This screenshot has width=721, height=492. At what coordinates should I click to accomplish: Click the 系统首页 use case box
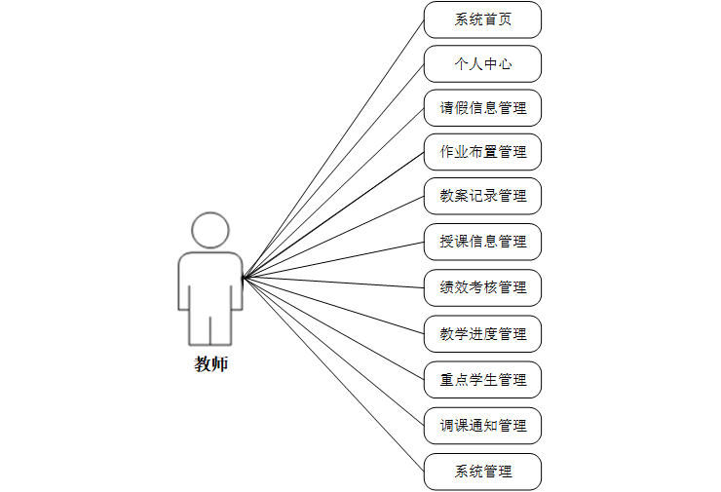coord(482,19)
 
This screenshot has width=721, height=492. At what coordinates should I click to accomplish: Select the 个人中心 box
coord(482,64)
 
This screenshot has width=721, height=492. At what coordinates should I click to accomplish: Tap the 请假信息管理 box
coord(482,108)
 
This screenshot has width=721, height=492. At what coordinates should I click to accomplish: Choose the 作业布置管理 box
coord(482,152)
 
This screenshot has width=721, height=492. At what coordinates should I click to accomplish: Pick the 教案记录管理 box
coord(482,196)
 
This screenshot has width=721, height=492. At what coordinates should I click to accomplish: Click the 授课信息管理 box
coord(482,242)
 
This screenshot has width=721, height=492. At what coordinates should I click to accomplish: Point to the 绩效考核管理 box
coord(482,287)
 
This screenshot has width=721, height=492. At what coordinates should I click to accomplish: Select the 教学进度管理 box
coord(482,334)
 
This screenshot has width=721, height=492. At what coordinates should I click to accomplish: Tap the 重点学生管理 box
coord(482,379)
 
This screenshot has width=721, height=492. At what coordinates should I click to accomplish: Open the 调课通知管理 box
coord(482,426)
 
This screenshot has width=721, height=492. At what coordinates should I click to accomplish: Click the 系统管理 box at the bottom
coord(482,472)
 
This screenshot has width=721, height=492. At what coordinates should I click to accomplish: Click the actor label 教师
coord(210,365)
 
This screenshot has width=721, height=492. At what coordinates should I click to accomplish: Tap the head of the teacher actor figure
coord(210,230)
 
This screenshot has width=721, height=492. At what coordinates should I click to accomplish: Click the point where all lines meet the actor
coord(244,278)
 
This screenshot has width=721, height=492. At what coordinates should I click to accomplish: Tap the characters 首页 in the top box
coord(497,19)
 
